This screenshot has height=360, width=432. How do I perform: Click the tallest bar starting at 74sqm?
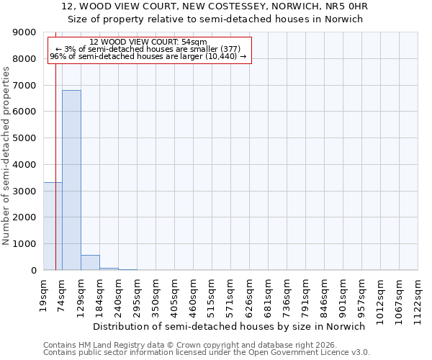(71, 180)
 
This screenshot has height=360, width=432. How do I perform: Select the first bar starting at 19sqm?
(53, 226)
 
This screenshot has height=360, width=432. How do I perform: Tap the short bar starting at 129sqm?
(90, 263)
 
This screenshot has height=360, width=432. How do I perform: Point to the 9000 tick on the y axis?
(26, 32)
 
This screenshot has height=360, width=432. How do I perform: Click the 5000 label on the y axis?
(26, 138)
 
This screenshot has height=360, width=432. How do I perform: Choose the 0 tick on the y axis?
(33, 271)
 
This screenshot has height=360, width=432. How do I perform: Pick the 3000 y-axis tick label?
(26, 191)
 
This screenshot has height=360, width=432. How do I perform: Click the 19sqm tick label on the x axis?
(44, 291)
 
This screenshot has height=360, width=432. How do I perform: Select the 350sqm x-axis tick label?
(156, 292)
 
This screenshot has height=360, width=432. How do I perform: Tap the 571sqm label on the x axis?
(231, 292)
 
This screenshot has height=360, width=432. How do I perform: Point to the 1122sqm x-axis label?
(418, 294)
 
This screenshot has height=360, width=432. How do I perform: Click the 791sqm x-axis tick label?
(306, 292)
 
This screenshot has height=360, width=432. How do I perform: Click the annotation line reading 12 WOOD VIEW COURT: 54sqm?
(148, 42)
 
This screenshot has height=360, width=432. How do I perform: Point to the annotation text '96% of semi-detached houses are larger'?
(148, 56)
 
